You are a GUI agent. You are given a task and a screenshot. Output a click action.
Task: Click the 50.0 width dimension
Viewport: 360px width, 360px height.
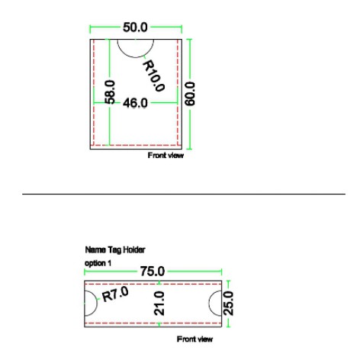[138, 28]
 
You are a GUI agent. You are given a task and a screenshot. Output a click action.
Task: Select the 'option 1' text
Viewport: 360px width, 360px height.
[96, 262]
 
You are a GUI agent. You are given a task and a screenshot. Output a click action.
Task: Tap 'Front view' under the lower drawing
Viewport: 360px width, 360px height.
[194, 338]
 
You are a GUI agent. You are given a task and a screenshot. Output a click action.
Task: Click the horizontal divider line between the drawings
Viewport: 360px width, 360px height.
[183, 194]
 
